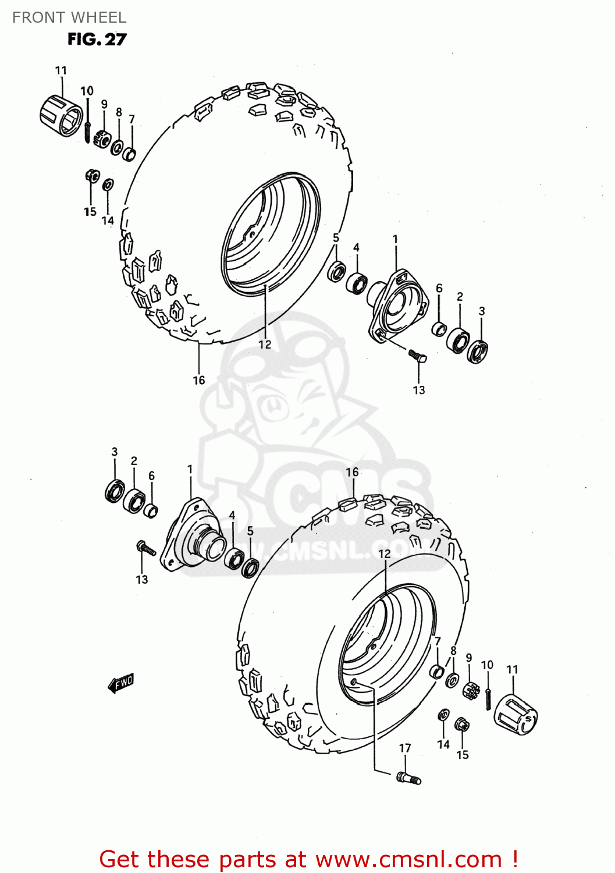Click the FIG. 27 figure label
(x=97, y=40)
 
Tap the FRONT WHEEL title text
(x=69, y=17)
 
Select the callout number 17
(x=405, y=748)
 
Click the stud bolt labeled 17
(x=408, y=778)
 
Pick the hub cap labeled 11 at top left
(x=61, y=116)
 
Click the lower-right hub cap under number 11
(x=516, y=715)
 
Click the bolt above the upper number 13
(x=417, y=356)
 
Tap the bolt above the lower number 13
(x=146, y=548)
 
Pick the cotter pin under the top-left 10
(x=87, y=132)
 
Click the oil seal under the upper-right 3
(x=478, y=352)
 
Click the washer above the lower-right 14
(x=443, y=715)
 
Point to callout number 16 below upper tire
(x=199, y=380)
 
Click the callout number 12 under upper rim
(x=265, y=345)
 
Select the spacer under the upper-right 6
(x=439, y=329)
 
